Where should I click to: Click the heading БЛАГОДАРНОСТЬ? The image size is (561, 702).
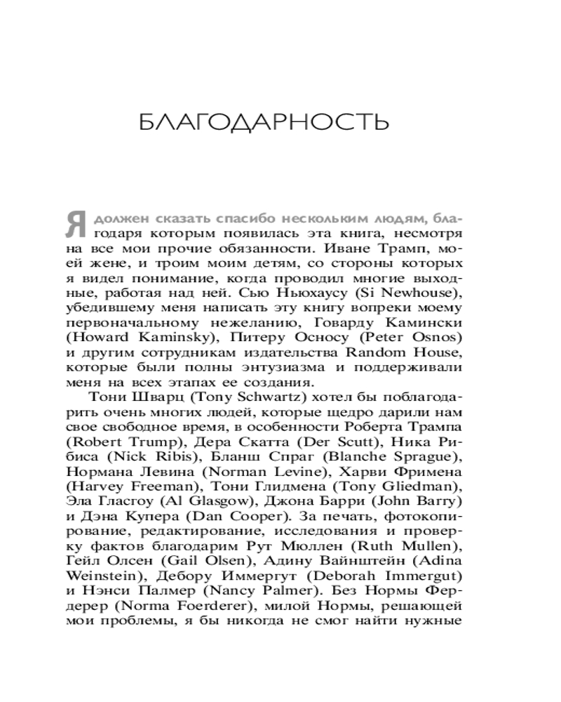point(263,121)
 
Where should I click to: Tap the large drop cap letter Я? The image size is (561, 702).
point(76,226)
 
